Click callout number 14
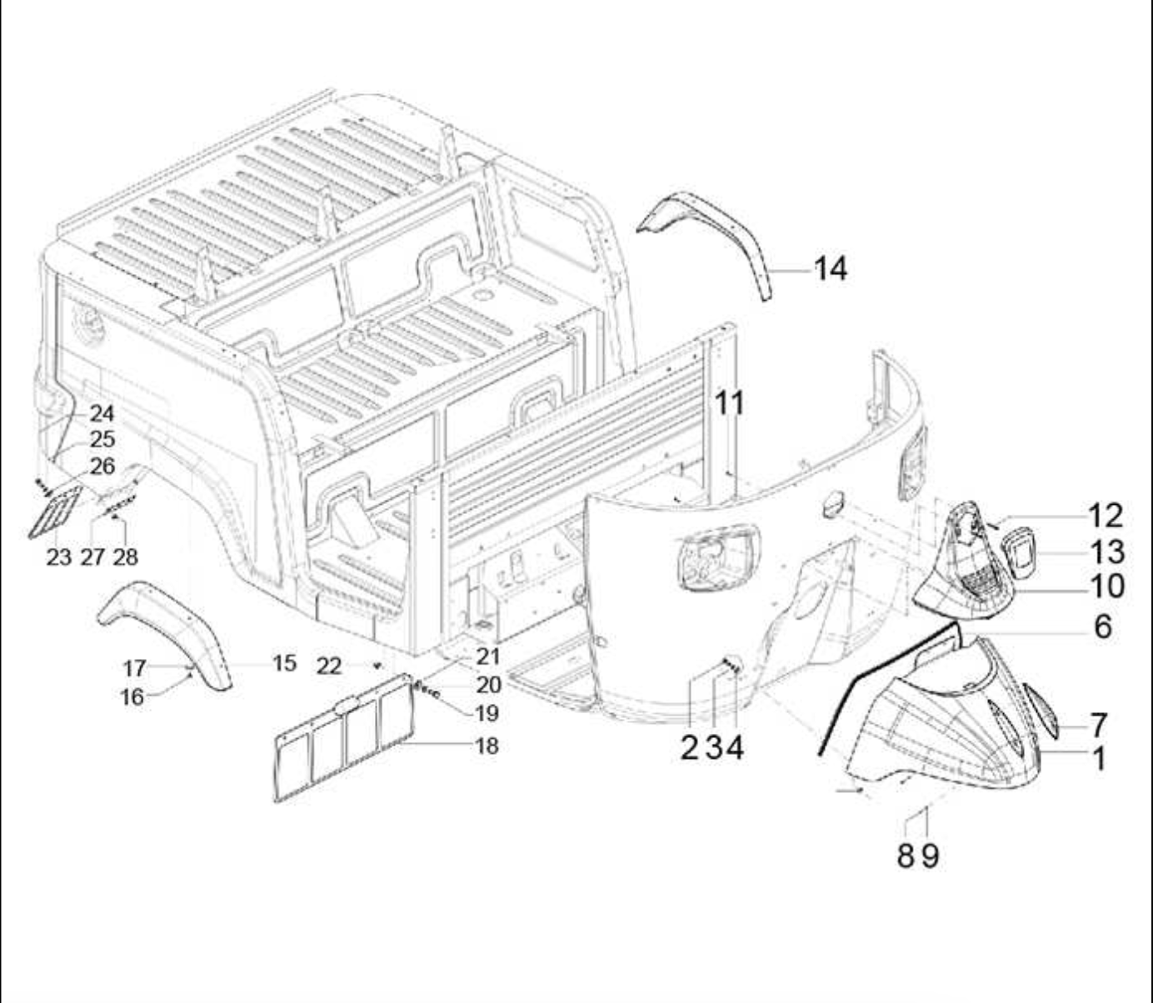pyautogui.click(x=831, y=269)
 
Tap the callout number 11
pyautogui.click(x=730, y=403)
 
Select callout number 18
pyautogui.click(x=487, y=746)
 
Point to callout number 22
pyautogui.click(x=329, y=666)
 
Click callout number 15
pyautogui.click(x=285, y=663)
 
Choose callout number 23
pyautogui.click(x=58, y=557)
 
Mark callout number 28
pyautogui.click(x=125, y=557)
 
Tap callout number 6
pyautogui.click(x=1103, y=626)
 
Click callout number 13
pyautogui.click(x=1107, y=551)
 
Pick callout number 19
pyautogui.click(x=487, y=713)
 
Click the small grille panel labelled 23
pyautogui.click(x=55, y=511)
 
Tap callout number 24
pyautogui.click(x=102, y=414)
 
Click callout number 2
pyautogui.click(x=689, y=748)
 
